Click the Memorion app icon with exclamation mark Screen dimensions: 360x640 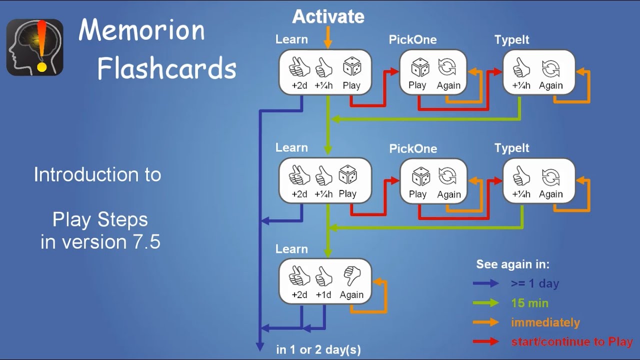[34, 47]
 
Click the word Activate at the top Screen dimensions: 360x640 [328, 16]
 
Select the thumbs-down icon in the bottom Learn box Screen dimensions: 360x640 [352, 276]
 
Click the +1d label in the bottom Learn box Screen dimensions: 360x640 [323, 295]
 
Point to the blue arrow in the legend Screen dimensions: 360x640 [485, 283]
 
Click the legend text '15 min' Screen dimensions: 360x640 [529, 303]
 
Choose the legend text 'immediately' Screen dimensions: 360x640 [545, 322]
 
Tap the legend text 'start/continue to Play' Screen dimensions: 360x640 [571, 342]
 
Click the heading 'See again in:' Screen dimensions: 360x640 [512, 264]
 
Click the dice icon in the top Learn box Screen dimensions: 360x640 [351, 67]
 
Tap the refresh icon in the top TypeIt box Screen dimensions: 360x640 [550, 67]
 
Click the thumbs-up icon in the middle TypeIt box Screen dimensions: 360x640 [521, 176]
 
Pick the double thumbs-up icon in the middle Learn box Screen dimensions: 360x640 [299, 175]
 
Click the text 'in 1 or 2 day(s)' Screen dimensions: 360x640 [318, 349]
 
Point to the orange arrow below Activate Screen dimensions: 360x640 [328, 37]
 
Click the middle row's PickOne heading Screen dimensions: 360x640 [413, 148]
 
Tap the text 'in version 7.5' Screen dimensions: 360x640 [100, 242]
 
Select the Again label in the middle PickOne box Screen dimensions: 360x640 [448, 194]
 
